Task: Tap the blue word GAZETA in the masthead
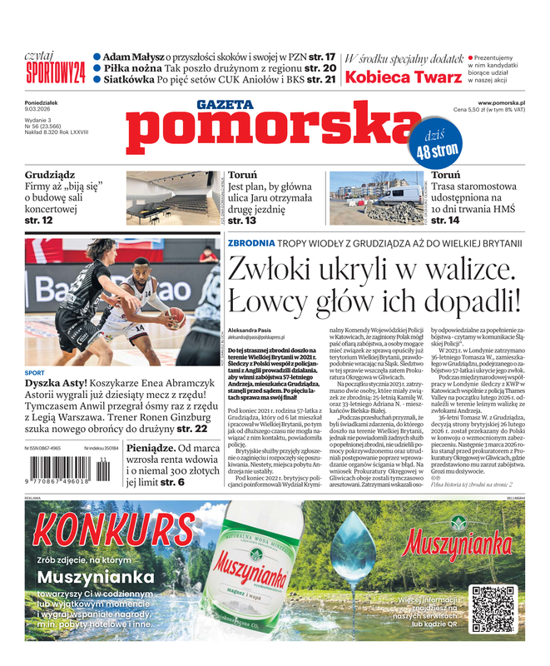click(x=224, y=104)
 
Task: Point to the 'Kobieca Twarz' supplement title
click(x=404, y=77)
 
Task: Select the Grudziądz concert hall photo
click(x=172, y=198)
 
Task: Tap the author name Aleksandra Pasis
click(x=252, y=331)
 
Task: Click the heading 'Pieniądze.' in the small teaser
click(x=155, y=447)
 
